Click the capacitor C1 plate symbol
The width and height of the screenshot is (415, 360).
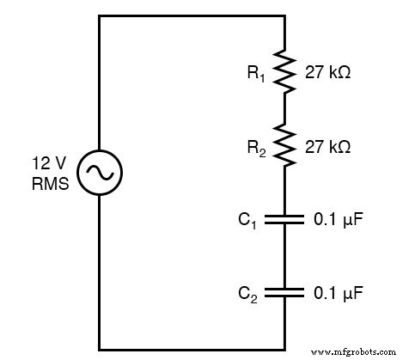(284, 220)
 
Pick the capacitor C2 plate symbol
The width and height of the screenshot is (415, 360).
(284, 293)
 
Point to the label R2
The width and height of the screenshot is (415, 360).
(255, 148)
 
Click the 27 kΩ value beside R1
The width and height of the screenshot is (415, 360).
(327, 74)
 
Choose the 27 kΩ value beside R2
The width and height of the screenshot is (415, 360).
(327, 147)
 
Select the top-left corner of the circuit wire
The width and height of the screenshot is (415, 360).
(100, 16)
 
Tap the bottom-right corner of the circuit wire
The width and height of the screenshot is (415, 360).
(284, 350)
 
